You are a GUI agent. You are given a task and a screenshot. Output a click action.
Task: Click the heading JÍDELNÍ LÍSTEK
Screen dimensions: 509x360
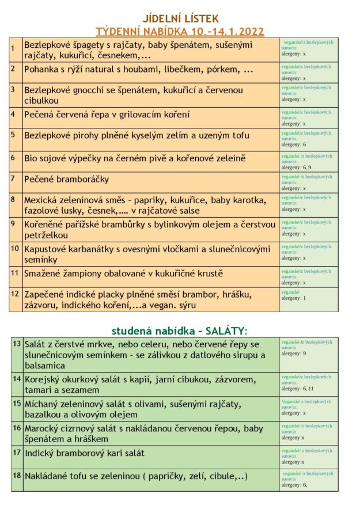pos(180,19)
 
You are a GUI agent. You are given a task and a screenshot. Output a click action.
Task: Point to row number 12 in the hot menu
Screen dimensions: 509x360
pos(15,294)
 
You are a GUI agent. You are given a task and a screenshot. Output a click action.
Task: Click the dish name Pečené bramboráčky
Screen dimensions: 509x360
pos(66,179)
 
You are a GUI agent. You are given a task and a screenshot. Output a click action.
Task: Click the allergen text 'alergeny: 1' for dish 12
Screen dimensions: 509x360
pos(294,298)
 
